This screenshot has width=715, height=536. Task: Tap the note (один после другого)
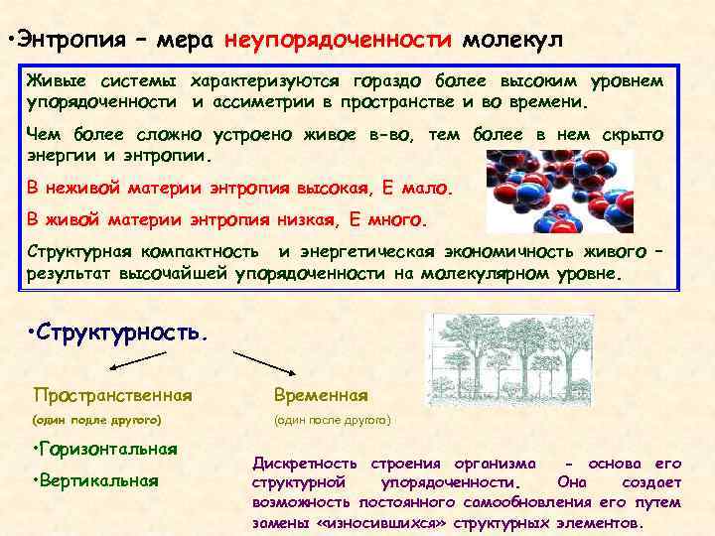(333, 420)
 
